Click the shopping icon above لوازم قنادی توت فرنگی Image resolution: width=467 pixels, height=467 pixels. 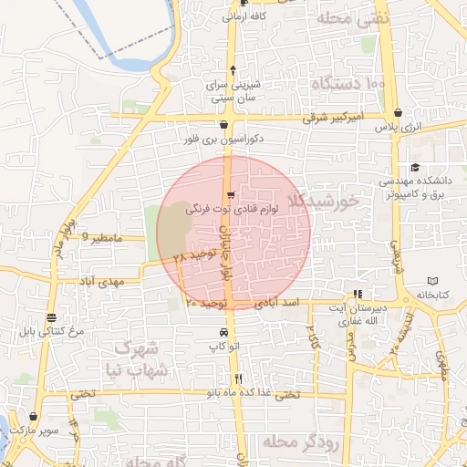pos(231,194)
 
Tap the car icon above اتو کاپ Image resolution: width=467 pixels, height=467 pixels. pos(224,332)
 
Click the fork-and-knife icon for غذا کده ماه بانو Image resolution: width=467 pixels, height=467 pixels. pos(238,379)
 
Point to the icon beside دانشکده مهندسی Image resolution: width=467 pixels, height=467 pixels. pos(415,167)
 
